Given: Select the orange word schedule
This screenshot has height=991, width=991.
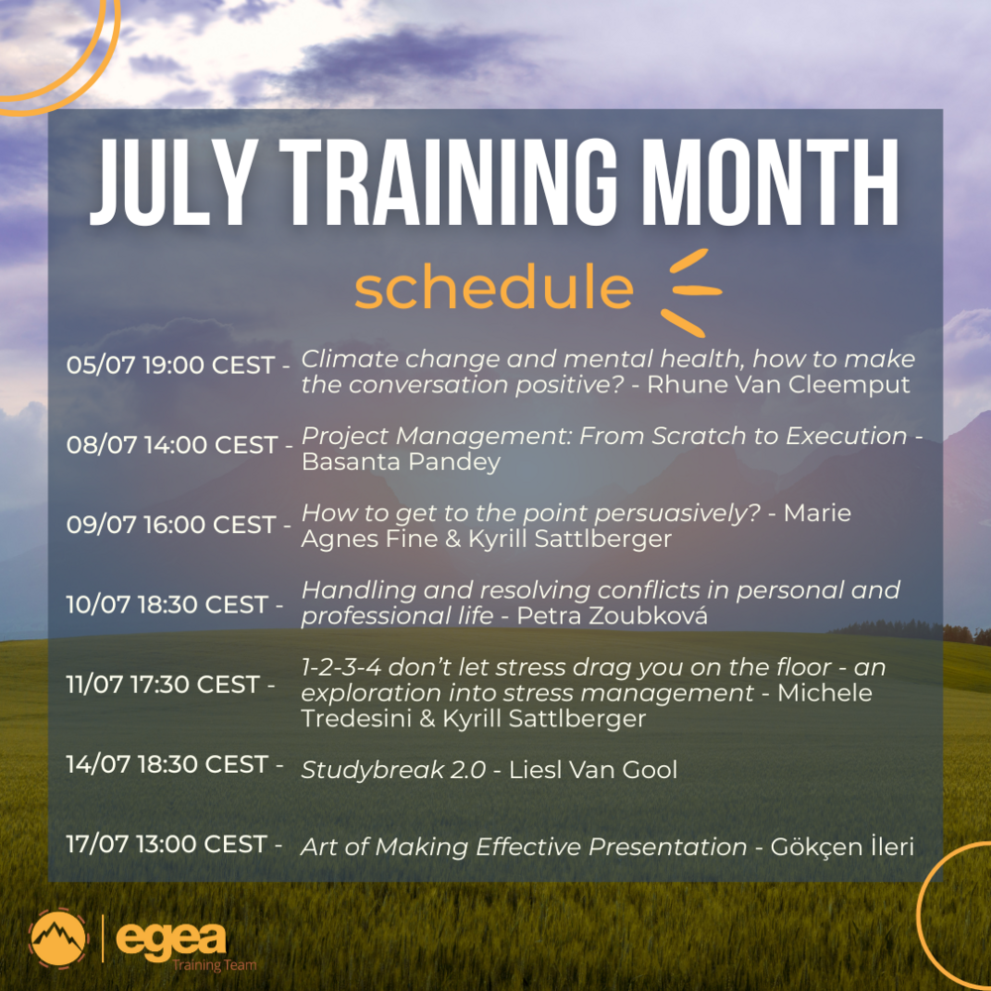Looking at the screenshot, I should [x=494, y=287].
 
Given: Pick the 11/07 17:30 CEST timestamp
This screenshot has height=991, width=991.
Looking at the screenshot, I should [x=170, y=684].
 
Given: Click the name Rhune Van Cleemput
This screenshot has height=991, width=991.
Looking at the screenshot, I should [x=778, y=385].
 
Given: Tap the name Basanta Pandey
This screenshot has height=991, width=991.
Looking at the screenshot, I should [x=401, y=463].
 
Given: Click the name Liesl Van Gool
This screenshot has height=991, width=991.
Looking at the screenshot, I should [x=593, y=770].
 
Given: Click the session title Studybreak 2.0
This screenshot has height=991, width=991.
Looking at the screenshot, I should [x=393, y=770].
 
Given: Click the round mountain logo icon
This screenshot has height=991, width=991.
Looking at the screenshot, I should [x=58, y=938].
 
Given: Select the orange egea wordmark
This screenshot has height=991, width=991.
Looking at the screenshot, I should [x=170, y=936].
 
